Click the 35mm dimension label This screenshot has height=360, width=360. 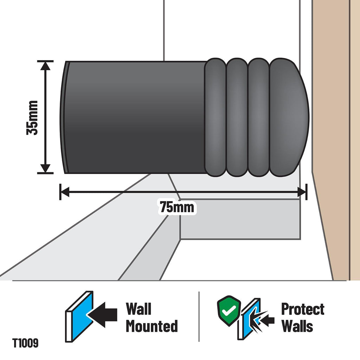point(32,117)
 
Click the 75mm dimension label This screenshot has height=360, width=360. point(177,207)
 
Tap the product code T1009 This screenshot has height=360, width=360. point(25,343)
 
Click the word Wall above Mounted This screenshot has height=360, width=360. point(139,309)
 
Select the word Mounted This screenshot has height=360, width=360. point(152,326)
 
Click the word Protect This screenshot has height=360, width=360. point(303,309)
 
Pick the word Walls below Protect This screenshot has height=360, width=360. point(297,326)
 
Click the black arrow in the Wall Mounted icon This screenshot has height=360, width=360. point(102,315)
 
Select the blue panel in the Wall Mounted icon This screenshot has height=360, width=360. point(80,316)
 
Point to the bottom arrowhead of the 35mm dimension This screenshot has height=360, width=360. point(45,168)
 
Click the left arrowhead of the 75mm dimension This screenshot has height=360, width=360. point(65,192)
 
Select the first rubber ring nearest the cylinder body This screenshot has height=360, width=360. point(215,117)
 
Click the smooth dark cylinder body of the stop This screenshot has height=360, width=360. point(135,117)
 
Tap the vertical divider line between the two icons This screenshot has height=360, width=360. point(199,317)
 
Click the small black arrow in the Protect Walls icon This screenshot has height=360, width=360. point(268,321)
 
